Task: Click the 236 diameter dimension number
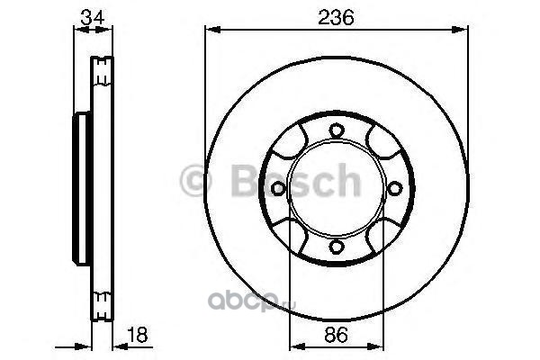336,17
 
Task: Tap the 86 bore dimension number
336,335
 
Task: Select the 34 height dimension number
93,17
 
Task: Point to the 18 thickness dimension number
138,335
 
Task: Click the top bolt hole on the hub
337,130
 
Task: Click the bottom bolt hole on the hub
337,246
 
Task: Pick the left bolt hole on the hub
278,188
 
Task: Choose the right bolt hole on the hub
395,188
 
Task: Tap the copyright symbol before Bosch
195,180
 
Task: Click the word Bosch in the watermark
296,180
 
